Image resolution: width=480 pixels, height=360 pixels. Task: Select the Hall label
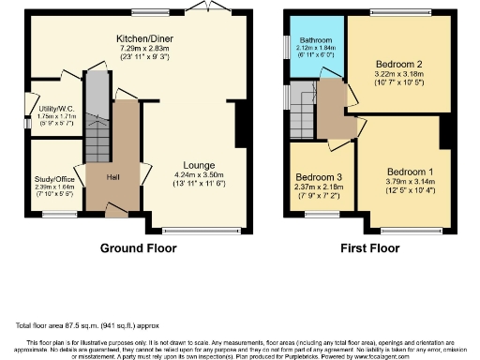pos(112,176)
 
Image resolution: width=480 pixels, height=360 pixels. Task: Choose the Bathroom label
pos(315,40)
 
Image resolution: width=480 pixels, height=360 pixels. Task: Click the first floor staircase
pos(303,104)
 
